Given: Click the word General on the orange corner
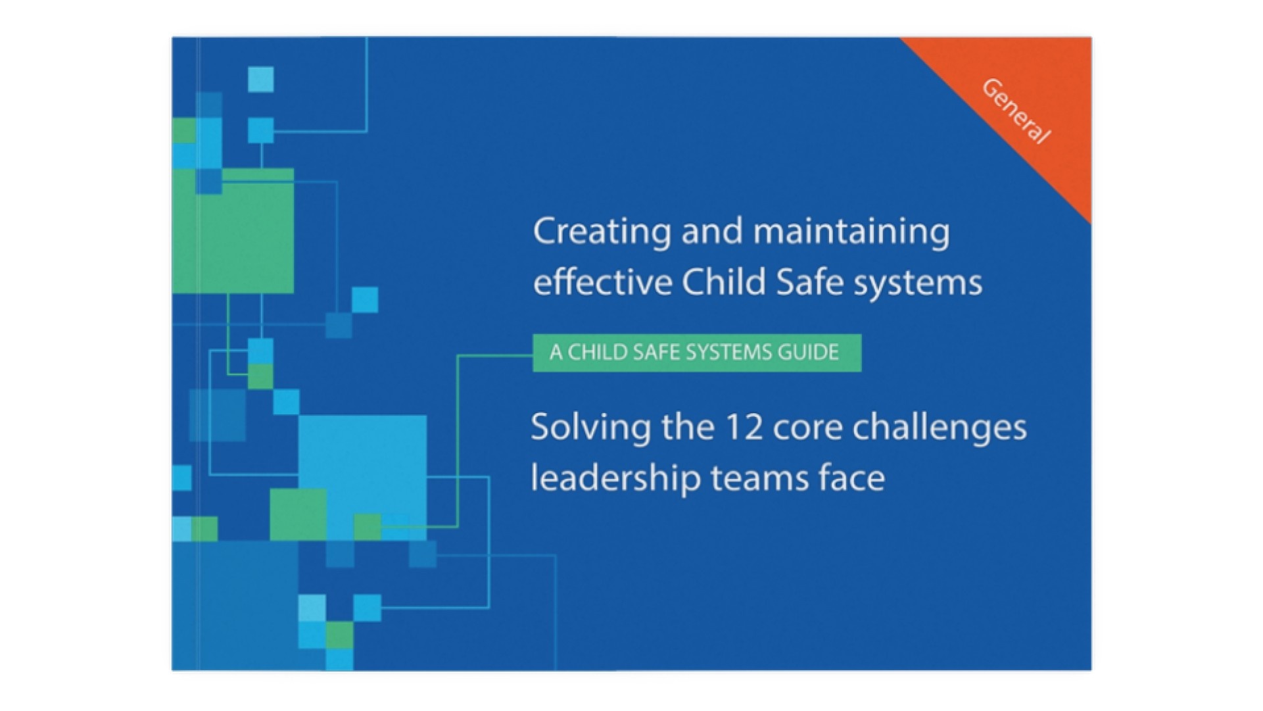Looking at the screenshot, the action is click(x=1016, y=111).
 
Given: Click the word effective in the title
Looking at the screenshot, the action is click(x=602, y=283).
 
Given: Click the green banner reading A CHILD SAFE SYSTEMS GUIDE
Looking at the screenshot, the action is click(x=697, y=353).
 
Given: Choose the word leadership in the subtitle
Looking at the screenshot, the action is click(x=615, y=479).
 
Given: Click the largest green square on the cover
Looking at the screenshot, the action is click(x=233, y=231).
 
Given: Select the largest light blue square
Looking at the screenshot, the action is click(x=362, y=477).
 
